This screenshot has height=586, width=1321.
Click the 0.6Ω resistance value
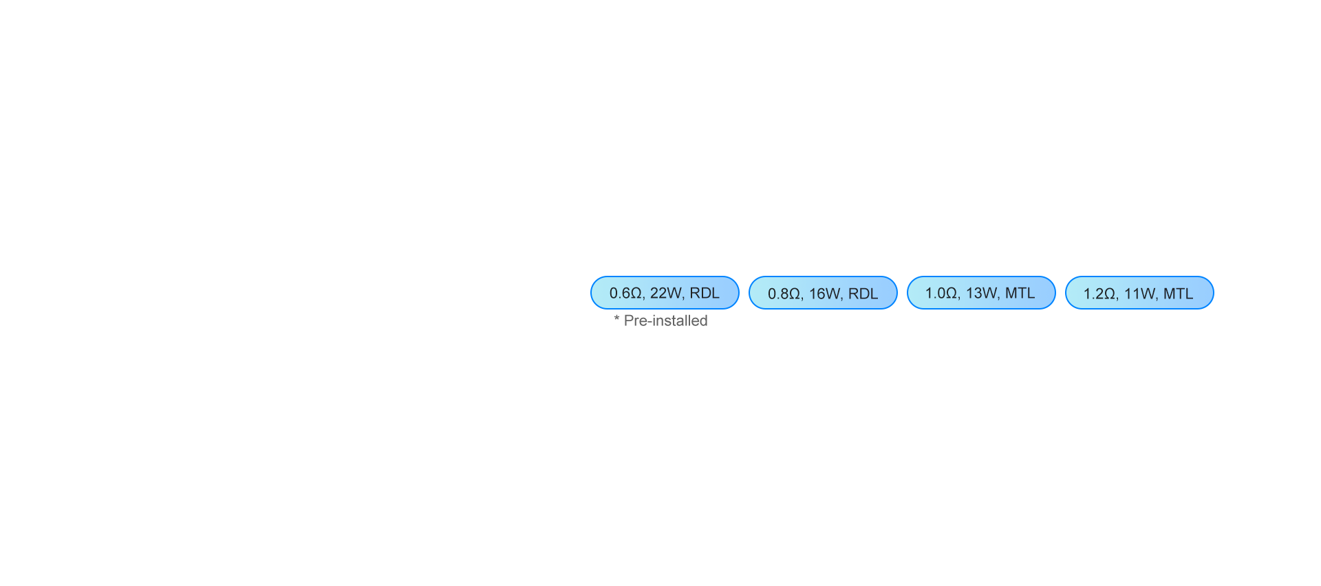point(625,293)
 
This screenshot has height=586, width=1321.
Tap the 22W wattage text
point(665,293)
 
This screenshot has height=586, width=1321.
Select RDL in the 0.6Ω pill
point(705,293)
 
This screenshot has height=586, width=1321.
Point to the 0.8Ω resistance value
point(784,294)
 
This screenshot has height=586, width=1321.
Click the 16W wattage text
point(824,294)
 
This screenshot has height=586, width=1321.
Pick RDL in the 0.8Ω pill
point(863,294)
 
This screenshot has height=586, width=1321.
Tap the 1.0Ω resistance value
point(941,293)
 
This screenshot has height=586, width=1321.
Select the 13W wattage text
point(981,293)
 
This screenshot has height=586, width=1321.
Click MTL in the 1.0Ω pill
point(1020,293)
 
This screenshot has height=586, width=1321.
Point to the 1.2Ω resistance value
point(1099,294)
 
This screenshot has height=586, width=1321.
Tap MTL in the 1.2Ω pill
point(1179,294)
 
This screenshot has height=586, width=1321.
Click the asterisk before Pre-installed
point(617,318)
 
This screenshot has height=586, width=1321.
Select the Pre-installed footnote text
point(666,321)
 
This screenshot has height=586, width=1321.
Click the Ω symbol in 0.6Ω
point(636,293)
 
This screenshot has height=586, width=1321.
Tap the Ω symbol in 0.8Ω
point(795,294)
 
